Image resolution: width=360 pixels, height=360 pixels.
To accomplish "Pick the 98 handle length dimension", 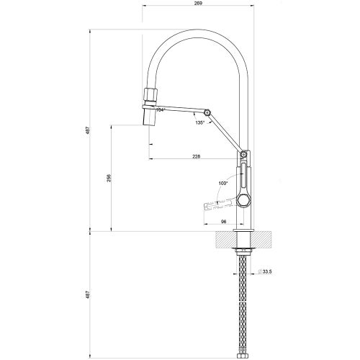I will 223,222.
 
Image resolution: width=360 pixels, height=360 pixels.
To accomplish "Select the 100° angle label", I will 223,184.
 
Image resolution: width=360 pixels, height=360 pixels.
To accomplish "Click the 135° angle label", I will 199,123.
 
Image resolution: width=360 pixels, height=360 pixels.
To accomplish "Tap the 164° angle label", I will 161,109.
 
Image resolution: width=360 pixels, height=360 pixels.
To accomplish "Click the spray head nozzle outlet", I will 149,118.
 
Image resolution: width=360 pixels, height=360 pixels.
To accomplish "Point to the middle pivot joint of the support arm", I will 207,113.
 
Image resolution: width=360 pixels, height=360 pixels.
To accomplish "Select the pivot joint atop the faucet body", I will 244,154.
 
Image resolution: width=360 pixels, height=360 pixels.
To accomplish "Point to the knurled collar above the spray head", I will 149,94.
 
